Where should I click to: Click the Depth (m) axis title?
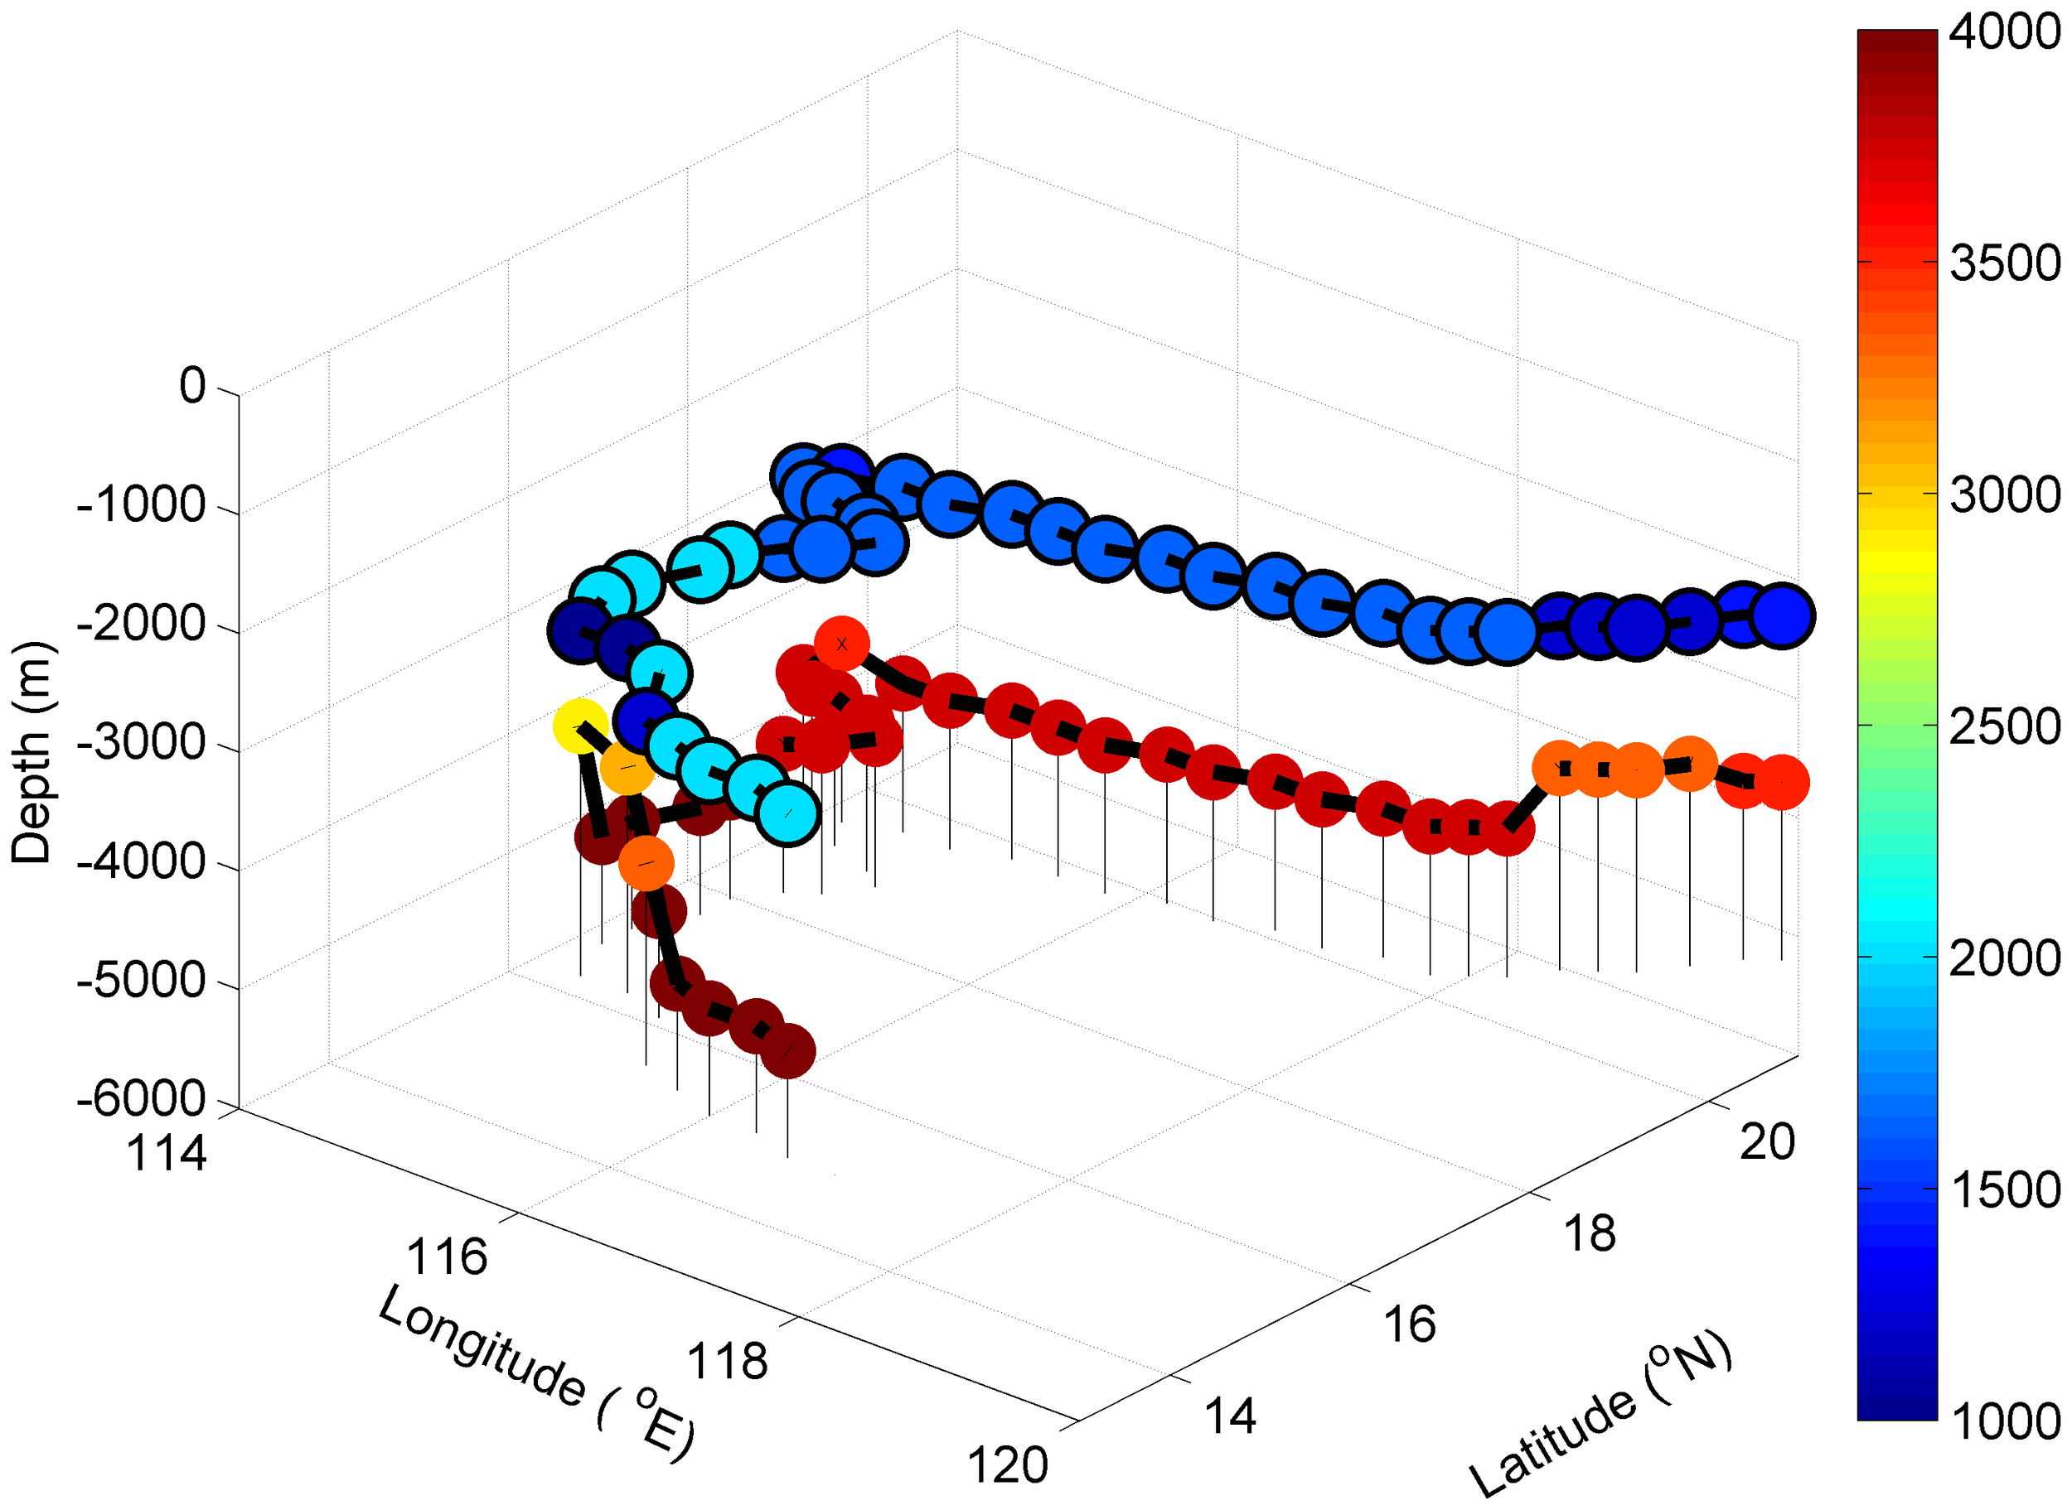tap(33, 752)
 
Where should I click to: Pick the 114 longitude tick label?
tap(167, 1154)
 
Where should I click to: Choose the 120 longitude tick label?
tap(1008, 1466)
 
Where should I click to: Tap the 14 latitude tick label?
tap(1230, 1416)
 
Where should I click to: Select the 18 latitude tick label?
tap(1589, 1234)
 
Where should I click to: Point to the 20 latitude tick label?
tap(1768, 1142)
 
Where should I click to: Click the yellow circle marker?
tap(579, 726)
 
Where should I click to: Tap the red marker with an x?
tap(841, 644)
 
